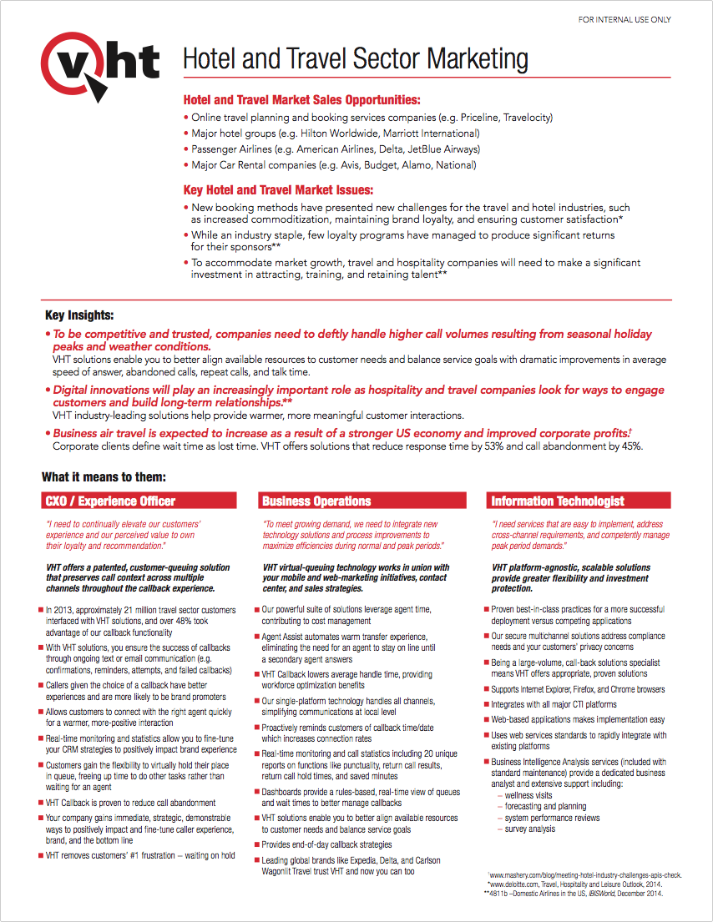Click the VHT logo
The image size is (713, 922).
point(100,63)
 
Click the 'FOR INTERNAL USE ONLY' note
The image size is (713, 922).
point(625,19)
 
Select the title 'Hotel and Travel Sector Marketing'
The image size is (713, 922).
point(355,60)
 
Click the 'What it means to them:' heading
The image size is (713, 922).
point(104,477)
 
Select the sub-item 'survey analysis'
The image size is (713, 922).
point(529,829)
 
